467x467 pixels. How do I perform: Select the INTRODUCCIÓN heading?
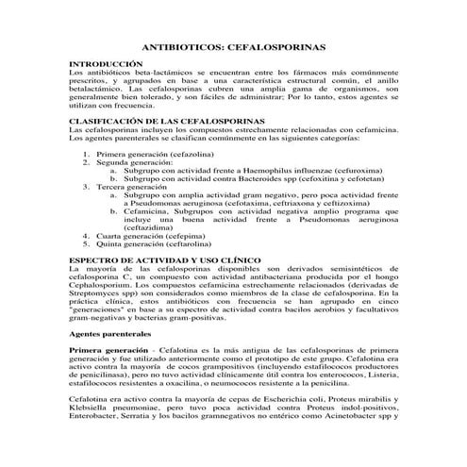[x=106, y=63]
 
